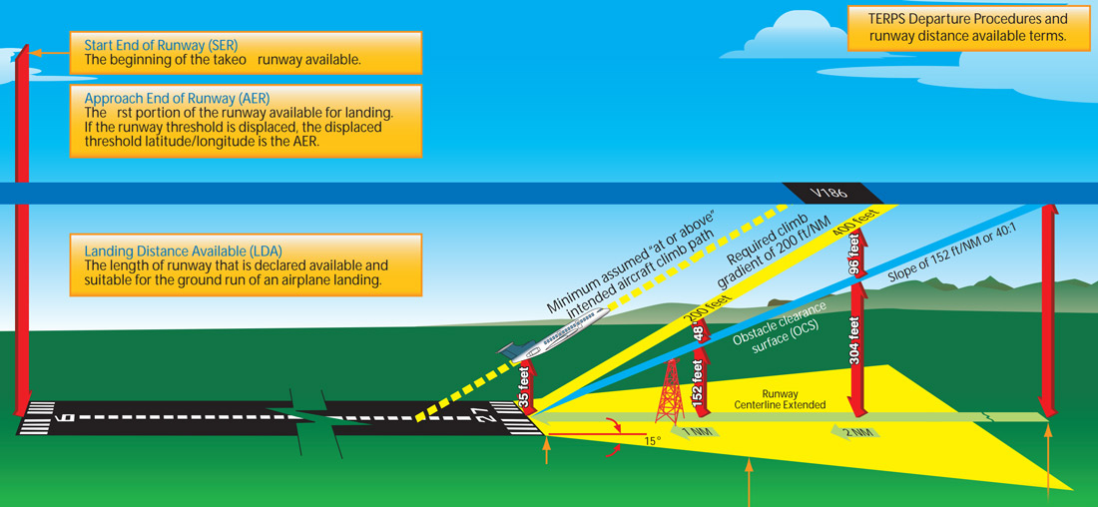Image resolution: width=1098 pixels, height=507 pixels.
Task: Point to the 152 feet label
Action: click(x=700, y=384)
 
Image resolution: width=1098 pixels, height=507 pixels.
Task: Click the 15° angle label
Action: click(x=652, y=439)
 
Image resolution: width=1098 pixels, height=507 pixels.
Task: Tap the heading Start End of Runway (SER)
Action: click(x=161, y=44)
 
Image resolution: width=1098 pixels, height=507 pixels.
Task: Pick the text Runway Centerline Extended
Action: click(x=794, y=400)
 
